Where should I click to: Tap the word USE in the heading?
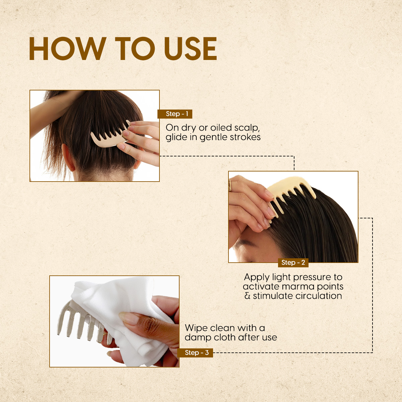[x=191, y=49]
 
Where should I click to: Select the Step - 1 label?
[x=175, y=114]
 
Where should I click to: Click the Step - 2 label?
[x=293, y=262]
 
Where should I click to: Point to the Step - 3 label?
[x=195, y=352]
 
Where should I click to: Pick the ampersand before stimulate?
[x=248, y=296]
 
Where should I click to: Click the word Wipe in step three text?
[x=196, y=328]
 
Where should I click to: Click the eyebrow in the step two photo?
[x=244, y=243]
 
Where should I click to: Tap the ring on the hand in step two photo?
[x=230, y=185]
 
